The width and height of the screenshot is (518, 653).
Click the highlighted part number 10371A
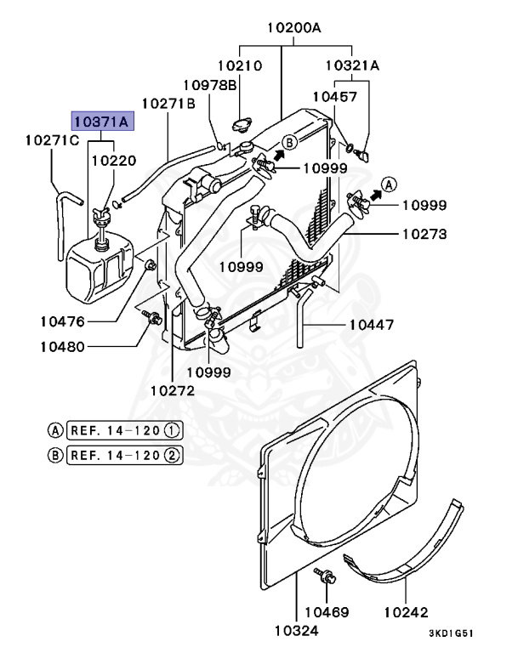[x=103, y=122]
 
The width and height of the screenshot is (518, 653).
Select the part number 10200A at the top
[x=294, y=28]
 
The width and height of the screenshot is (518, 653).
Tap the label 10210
[x=240, y=65]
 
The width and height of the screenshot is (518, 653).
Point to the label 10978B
[x=210, y=85]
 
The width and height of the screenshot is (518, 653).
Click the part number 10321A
[x=352, y=65]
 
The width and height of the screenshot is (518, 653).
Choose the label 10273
[x=424, y=234]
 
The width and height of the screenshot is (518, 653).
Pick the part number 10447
[x=372, y=325]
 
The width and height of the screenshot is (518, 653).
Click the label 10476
[x=62, y=321]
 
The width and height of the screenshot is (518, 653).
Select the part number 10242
[x=406, y=612]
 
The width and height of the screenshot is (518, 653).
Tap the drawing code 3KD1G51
[x=452, y=633]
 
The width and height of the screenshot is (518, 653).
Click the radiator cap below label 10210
[x=242, y=124]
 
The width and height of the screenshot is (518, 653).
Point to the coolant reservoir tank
[x=100, y=266]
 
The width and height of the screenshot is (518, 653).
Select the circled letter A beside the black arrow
[x=390, y=184]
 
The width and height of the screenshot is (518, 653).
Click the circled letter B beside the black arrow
[x=289, y=143]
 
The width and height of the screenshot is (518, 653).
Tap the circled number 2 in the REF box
[x=172, y=455]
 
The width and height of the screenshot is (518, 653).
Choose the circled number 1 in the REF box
[x=172, y=430]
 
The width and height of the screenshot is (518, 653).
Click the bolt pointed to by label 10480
[x=152, y=317]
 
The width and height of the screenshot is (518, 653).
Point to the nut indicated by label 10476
[x=150, y=264]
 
